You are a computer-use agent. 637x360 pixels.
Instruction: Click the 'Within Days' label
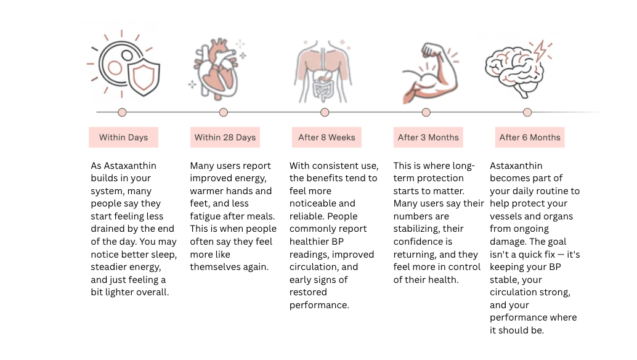(123, 137)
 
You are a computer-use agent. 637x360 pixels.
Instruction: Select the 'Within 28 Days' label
(225, 137)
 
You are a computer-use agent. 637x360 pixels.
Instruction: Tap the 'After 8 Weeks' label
(327, 137)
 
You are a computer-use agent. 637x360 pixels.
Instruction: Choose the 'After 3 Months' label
(428, 137)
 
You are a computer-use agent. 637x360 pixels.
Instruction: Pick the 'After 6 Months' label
(530, 137)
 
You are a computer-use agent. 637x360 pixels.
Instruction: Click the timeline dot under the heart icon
(224, 112)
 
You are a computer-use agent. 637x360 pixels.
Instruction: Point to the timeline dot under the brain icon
(527, 112)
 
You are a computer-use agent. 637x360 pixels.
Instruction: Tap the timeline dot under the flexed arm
(426, 112)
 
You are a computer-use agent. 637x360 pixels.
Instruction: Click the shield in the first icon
(144, 77)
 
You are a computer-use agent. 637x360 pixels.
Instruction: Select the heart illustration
(216, 71)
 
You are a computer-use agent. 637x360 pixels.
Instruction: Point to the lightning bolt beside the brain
(540, 51)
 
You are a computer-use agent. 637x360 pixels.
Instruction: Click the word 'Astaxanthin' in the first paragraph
(130, 166)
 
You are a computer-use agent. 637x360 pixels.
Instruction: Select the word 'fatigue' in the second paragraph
(207, 216)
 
